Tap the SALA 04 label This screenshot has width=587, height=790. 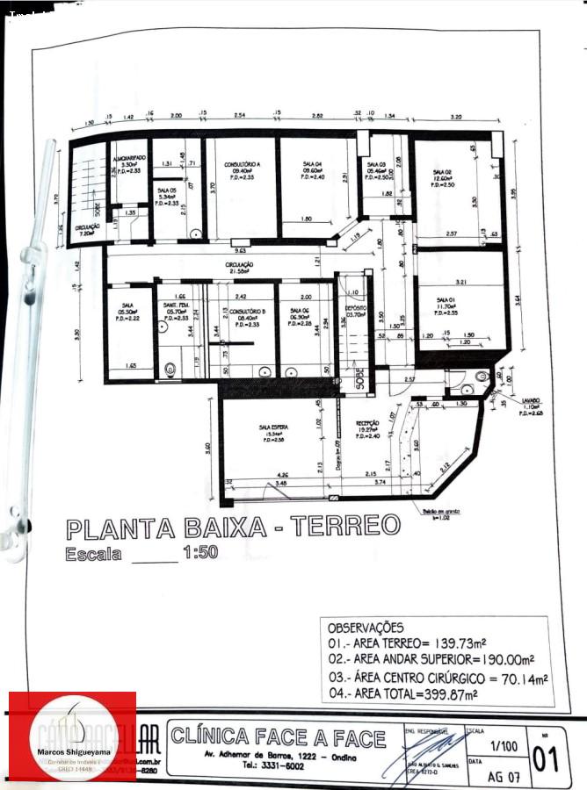pos(312,164)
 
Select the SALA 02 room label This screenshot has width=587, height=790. pos(442,172)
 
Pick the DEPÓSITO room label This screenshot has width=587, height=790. pos(355,308)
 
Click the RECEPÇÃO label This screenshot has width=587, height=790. pos(367,423)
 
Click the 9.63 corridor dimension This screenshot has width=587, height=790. pos(237,242)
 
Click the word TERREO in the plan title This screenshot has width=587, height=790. pos(345,527)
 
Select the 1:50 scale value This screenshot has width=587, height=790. pos(200,554)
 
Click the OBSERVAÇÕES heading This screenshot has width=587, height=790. pos(366,628)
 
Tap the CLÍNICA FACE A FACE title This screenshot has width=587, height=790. pos(279,737)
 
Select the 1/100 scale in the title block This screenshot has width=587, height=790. pos(504,745)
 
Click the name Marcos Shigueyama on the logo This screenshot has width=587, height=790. pos(73,752)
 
